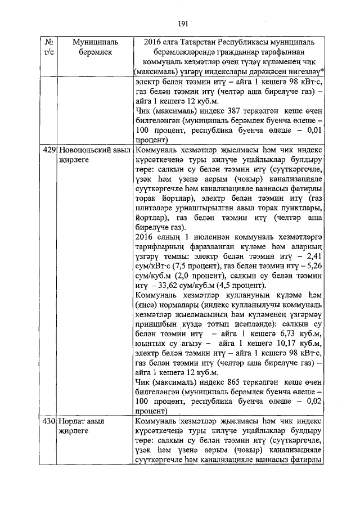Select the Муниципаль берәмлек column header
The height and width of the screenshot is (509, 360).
pyautogui.click(x=93, y=47)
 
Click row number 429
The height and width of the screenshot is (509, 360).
pyautogui.click(x=49, y=150)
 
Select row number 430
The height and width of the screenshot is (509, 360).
pyautogui.click(x=49, y=421)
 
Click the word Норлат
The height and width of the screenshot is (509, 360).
pyautogui.click(x=71, y=421)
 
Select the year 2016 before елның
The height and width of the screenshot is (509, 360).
pyautogui.click(x=145, y=237)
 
